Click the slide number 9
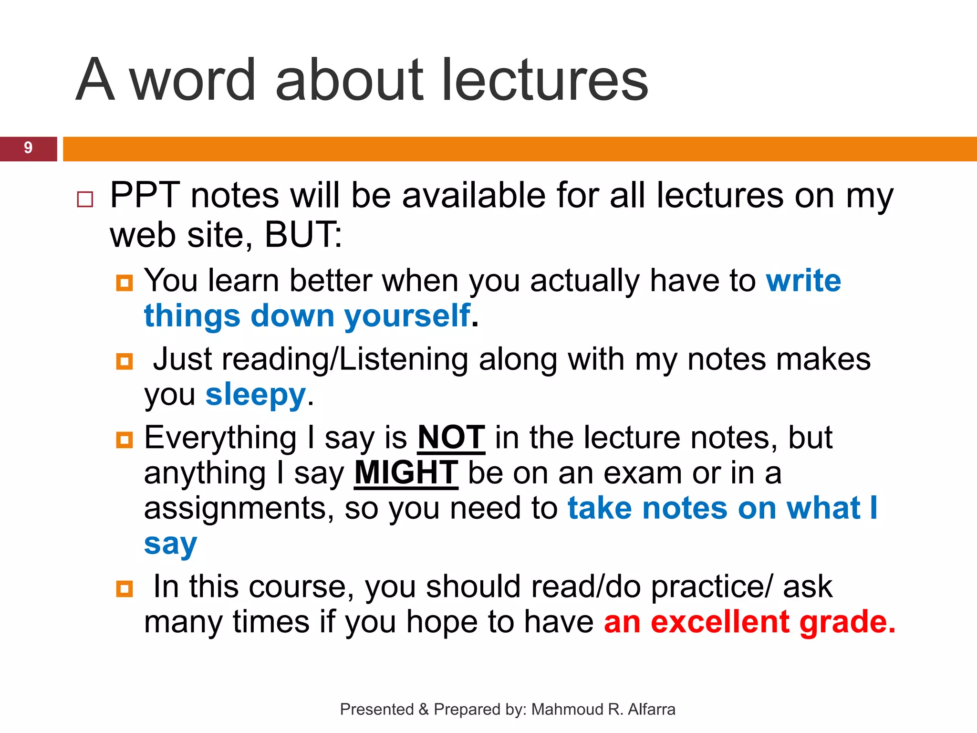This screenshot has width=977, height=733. point(28,148)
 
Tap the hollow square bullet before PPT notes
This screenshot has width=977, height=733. point(85,199)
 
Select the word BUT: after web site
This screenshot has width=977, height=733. point(303,235)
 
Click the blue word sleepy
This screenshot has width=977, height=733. point(256,395)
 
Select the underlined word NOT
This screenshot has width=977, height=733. point(451,438)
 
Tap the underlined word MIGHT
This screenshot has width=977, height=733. point(406,473)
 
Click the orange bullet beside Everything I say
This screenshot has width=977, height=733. point(125,440)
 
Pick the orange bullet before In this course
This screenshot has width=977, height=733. point(125,589)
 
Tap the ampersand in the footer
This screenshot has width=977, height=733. point(424,710)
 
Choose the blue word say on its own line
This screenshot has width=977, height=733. point(170,545)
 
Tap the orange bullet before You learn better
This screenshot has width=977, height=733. point(125,283)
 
